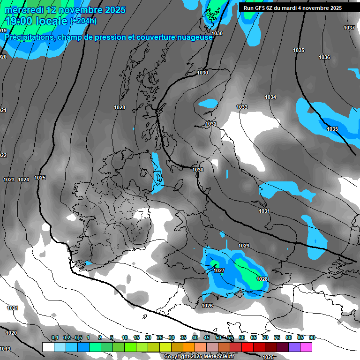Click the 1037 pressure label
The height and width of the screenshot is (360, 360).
349,28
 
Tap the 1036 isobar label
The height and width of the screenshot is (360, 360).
324,57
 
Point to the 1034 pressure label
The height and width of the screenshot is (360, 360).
270,97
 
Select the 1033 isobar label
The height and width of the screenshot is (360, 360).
242,107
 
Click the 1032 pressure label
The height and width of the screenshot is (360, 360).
211,124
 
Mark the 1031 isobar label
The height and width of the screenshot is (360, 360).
264,211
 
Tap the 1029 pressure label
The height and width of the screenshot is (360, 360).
244,246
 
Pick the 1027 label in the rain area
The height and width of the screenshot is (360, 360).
219,270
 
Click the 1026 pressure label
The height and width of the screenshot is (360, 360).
207,306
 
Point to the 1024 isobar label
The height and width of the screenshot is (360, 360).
24,180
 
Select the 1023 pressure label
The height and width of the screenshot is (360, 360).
9,180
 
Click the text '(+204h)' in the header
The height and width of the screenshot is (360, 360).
83,21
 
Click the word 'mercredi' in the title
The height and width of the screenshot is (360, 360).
22,9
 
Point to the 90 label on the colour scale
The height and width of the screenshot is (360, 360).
312,337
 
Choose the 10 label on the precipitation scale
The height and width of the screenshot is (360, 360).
125,337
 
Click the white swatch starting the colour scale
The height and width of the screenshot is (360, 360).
48,347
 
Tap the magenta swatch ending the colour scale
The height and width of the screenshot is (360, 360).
306,347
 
